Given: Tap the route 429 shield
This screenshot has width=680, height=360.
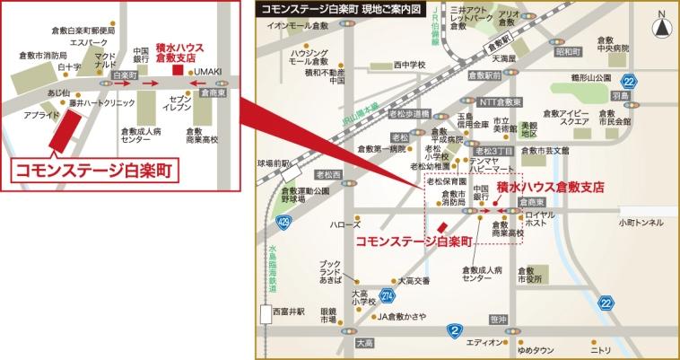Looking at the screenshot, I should point(284,219).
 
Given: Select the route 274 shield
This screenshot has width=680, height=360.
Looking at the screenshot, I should point(387,294).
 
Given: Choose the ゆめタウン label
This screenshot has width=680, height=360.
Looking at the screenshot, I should point(536,351).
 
